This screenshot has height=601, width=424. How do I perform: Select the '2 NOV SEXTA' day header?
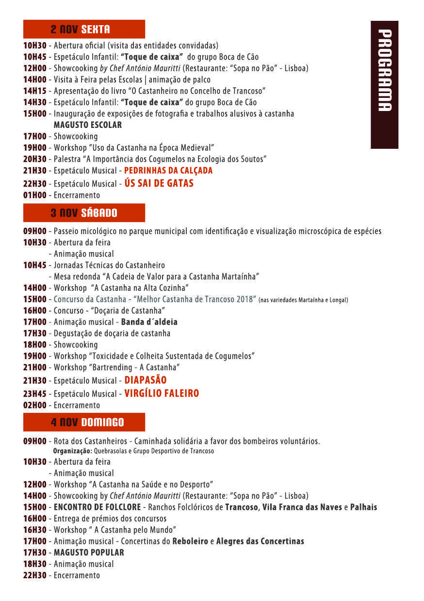pyautogui.click(x=84, y=29)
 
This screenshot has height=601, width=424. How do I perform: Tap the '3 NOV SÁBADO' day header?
pyautogui.click(x=84, y=213)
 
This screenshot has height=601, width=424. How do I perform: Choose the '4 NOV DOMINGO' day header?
pyautogui.click(x=84, y=422)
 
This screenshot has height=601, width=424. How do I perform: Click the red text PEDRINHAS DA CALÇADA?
pyautogui.click(x=168, y=171)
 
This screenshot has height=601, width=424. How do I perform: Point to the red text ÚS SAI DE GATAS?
pyautogui.click(x=159, y=183)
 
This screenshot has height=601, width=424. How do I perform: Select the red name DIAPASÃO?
pyautogui.click(x=146, y=380)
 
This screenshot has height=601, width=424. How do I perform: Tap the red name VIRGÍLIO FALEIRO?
pyautogui.click(x=162, y=394)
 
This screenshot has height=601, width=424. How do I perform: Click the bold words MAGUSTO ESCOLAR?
pyautogui.click(x=88, y=125)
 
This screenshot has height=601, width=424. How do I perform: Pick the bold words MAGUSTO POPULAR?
pyautogui.click(x=89, y=553)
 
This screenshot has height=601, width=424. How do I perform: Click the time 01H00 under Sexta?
pyautogui.click(x=35, y=195)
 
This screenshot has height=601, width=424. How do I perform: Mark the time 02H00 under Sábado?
pyautogui.click(x=35, y=405)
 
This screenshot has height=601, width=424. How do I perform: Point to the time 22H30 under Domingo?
pyautogui.click(x=35, y=575)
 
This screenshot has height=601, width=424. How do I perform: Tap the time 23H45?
pyautogui.click(x=35, y=394)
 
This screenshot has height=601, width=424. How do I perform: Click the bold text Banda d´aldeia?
pyautogui.click(x=149, y=322)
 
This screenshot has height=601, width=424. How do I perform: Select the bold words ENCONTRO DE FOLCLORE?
pyautogui.click(x=97, y=507)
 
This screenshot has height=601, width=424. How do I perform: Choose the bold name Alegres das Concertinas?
pyautogui.click(x=260, y=541)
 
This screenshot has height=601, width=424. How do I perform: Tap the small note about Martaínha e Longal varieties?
pyautogui.click(x=303, y=300)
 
